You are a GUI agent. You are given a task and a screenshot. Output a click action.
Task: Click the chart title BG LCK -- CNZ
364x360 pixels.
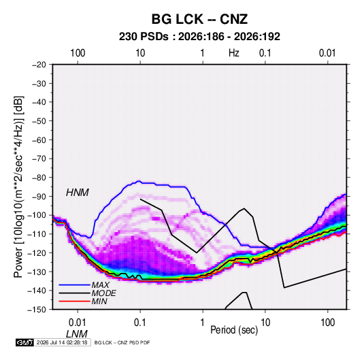[199, 19]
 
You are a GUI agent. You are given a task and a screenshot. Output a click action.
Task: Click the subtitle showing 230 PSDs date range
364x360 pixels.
[199, 37]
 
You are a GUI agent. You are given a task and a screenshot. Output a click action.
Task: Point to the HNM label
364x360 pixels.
[78, 193]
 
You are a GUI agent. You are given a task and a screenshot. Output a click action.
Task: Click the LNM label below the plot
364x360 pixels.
[77, 334]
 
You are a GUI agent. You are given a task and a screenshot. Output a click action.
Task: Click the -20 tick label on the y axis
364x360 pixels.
[39, 65]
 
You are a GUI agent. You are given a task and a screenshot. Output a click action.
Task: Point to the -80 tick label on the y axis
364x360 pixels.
[39, 178]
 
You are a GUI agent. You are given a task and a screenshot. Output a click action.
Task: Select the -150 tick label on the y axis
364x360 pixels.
[37, 310]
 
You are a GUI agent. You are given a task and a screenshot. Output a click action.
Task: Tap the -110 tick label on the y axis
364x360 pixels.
[37, 234]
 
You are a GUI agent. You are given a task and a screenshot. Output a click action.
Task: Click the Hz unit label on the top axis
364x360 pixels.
[234, 53]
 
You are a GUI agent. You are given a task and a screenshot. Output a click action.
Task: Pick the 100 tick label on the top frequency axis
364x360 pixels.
[78, 53]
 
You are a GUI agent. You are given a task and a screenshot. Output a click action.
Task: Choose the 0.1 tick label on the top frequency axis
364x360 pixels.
[265, 53]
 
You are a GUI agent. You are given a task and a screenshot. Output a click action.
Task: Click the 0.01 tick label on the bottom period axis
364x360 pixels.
[78, 323]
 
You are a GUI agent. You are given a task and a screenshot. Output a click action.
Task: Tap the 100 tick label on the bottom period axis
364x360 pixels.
[327, 323]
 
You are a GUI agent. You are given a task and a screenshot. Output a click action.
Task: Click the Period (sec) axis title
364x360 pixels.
[234, 330]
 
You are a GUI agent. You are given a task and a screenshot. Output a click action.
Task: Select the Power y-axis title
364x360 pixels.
[18, 186]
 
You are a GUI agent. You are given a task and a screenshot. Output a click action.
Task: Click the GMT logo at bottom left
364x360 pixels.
[25, 342]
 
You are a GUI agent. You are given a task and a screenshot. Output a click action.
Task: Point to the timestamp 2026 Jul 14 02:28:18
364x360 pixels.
[62, 342]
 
